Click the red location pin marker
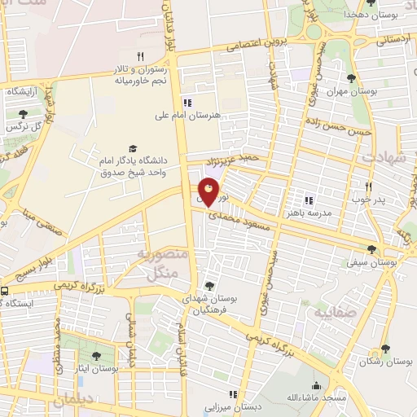(x=208, y=192)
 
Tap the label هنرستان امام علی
(x=188, y=116)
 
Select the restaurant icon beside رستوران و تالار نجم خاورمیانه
(x=140, y=56)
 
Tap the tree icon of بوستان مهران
(x=351, y=78)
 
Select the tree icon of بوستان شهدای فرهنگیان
(x=210, y=286)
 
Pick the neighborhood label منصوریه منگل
(x=167, y=264)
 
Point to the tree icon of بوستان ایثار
(x=97, y=356)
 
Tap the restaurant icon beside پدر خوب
(x=368, y=186)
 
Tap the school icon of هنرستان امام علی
(x=188, y=103)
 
